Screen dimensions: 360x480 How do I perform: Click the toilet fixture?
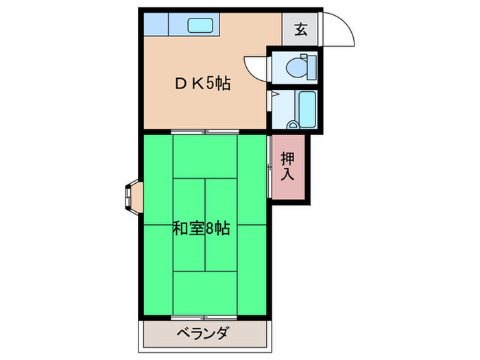coord(299,67)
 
